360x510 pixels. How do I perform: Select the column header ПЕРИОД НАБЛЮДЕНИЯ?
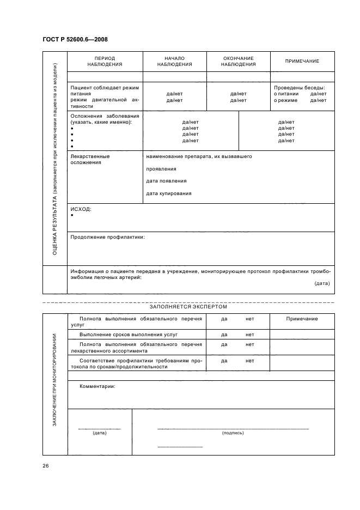105,61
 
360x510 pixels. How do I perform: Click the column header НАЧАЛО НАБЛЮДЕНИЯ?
174,61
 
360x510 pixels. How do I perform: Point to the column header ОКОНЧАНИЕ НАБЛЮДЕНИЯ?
238,61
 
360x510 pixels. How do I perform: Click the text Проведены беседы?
300,87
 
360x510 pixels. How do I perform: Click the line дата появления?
166,181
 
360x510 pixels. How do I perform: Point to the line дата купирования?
169,193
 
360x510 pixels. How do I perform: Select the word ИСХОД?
81,209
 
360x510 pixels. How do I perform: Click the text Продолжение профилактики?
107,237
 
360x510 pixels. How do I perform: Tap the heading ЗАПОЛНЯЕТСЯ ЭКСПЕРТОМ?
188,307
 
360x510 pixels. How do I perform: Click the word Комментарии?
97,386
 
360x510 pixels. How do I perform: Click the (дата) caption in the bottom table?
99,433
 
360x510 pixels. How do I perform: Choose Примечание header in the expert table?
302,319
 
